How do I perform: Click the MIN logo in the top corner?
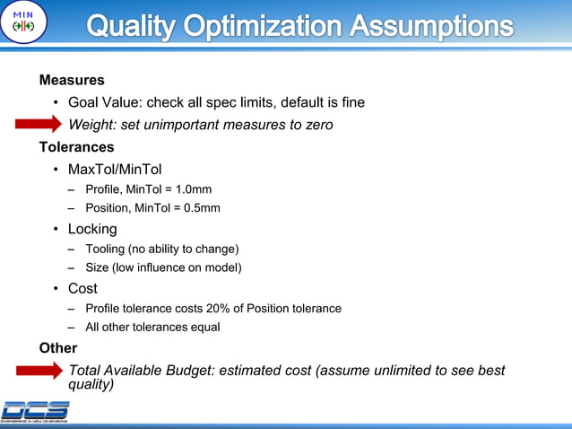point(22,22)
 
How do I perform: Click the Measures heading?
point(72,80)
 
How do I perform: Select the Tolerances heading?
point(77,146)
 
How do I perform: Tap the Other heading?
point(57,347)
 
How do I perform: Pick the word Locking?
point(92,229)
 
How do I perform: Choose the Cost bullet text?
point(83,289)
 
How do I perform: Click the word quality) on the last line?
point(91,385)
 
